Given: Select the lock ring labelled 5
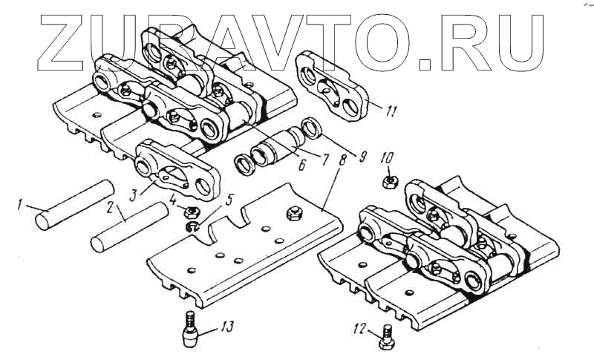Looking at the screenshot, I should coord(191,226).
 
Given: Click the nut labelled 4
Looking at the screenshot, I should coord(189,212).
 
